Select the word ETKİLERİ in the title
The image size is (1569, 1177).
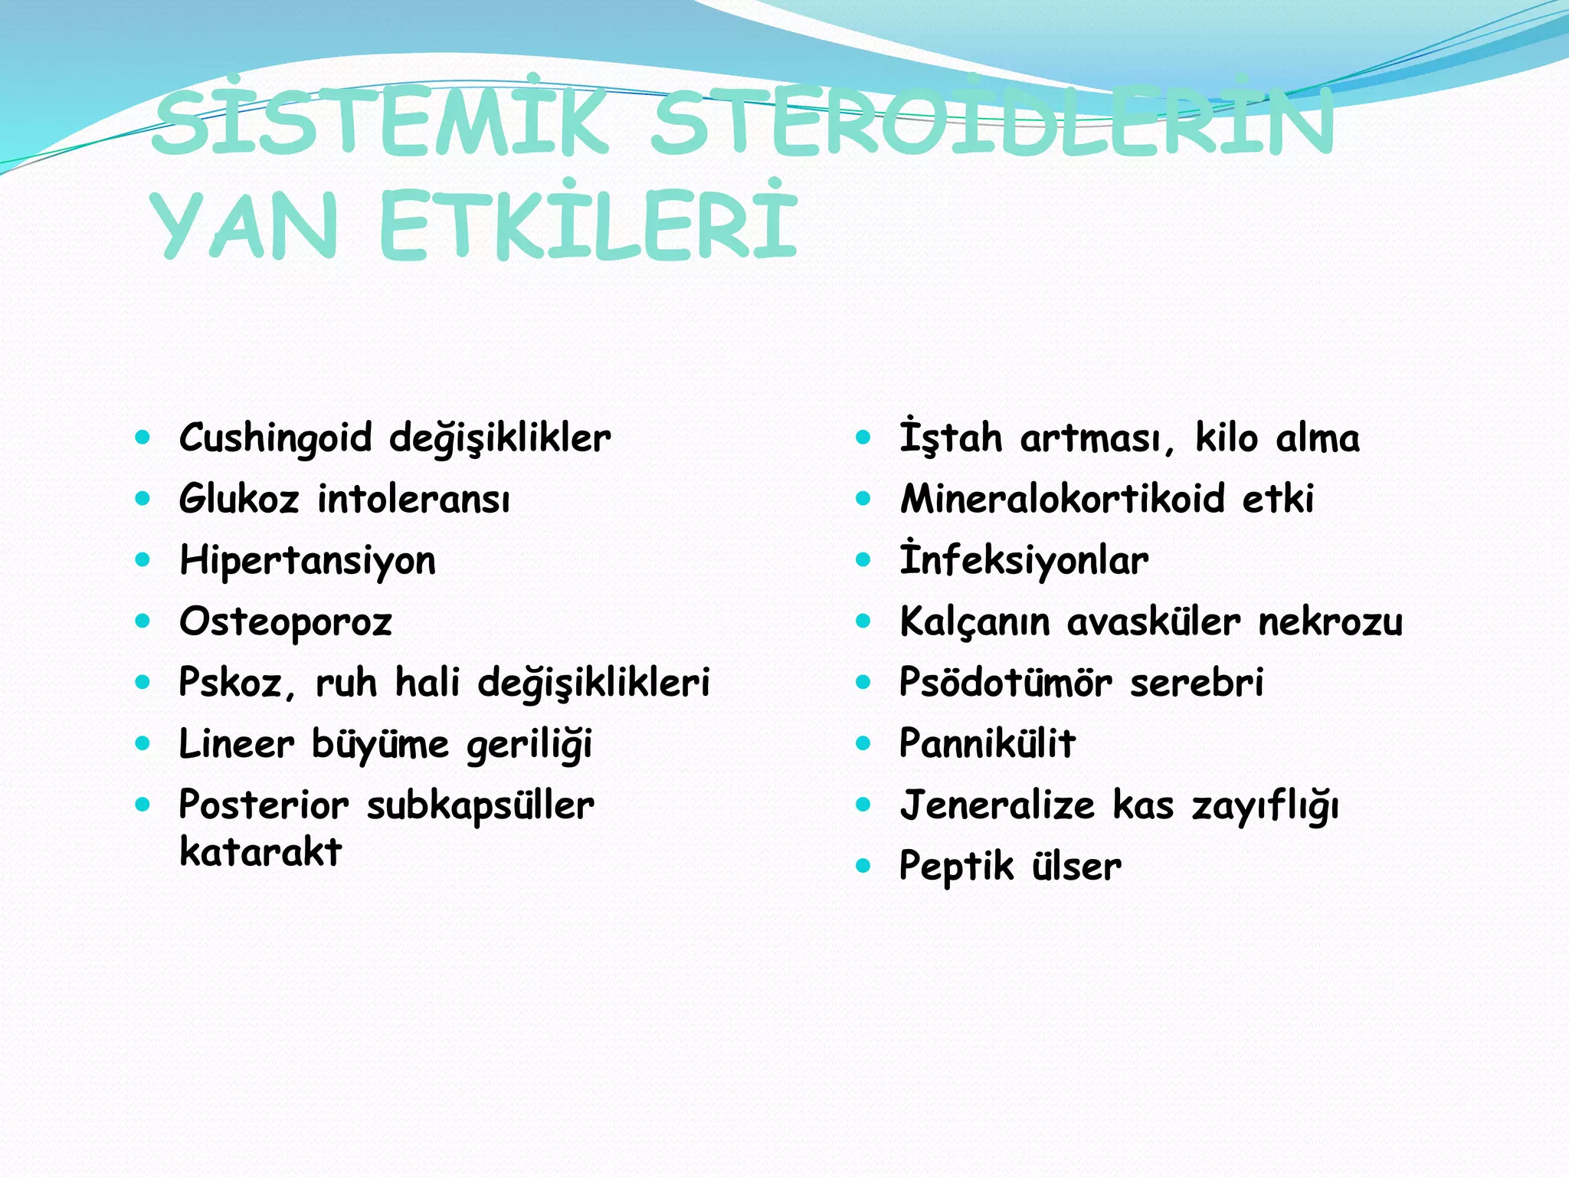point(588,224)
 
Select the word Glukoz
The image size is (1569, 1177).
point(238,500)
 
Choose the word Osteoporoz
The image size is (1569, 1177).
point(285,622)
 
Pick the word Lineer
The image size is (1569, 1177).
point(236,744)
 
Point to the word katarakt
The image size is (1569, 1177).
point(260,852)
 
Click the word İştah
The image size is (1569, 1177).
point(950,438)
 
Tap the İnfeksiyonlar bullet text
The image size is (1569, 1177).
point(1024,560)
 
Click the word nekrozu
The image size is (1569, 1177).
point(1331,621)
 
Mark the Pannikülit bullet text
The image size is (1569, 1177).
point(988,743)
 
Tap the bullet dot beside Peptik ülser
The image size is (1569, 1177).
point(863,866)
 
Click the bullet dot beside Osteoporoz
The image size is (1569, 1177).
point(142,621)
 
